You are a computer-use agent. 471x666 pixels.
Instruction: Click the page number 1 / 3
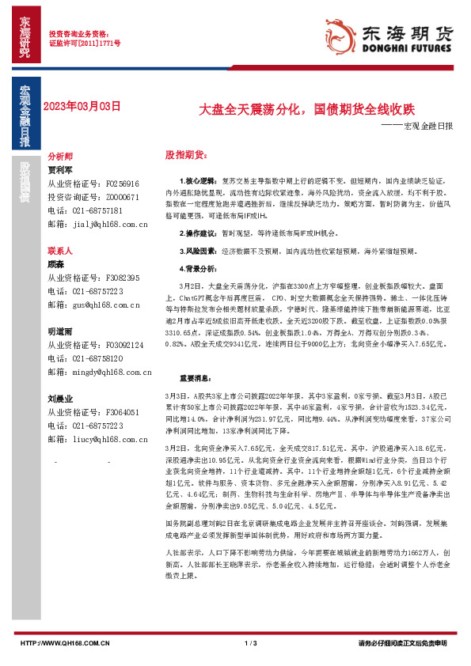pyautogui.click(x=252, y=643)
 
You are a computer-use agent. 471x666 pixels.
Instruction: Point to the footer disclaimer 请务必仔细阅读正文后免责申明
pyautogui.click(x=403, y=643)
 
